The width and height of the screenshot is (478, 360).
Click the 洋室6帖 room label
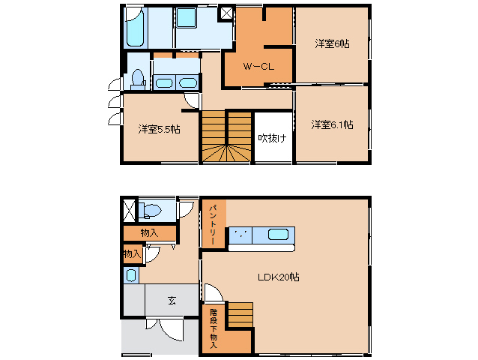tap(332, 44)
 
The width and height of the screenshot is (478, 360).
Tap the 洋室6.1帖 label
tap(332, 124)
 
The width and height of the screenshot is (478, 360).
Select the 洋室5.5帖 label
tap(159, 129)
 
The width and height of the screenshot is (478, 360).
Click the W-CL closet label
tap(258, 66)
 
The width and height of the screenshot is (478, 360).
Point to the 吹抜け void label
tap(272, 138)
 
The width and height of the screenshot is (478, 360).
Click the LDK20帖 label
tap(278, 277)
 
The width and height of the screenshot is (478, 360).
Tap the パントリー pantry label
tap(213, 225)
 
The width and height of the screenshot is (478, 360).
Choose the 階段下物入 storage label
tap(214, 329)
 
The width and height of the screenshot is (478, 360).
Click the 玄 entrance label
tap(172, 301)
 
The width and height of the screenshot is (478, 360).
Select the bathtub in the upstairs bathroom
tap(135, 27)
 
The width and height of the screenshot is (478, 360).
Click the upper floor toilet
tap(138, 79)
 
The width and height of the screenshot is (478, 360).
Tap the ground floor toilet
tap(150, 211)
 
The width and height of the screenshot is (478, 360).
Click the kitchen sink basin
tap(278, 235)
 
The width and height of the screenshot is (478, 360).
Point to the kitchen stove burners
tap(240, 235)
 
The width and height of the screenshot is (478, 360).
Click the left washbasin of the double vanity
tap(164, 82)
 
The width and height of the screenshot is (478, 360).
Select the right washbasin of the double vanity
tap(188, 82)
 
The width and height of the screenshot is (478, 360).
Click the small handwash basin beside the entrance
tap(131, 275)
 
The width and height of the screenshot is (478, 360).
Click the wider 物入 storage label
tap(149, 233)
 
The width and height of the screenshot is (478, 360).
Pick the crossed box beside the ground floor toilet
tap(130, 210)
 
